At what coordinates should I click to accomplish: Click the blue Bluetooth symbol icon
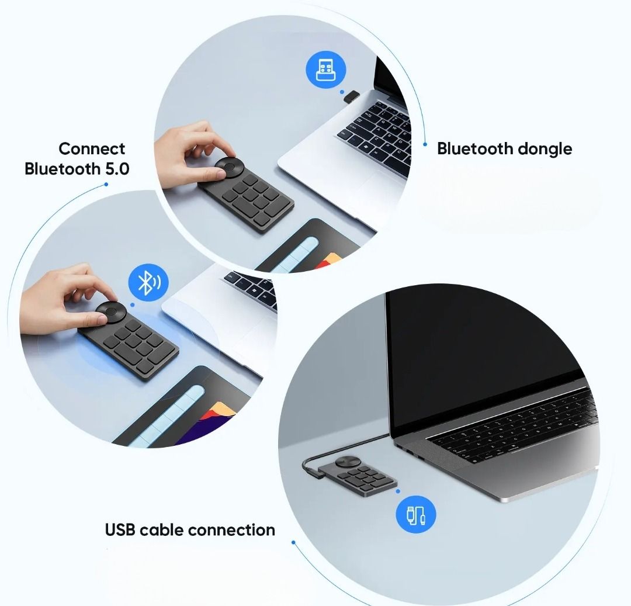[x=148, y=283]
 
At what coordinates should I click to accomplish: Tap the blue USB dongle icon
[x=326, y=71]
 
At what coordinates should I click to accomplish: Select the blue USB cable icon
[x=416, y=515]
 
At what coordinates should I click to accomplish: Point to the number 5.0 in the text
[x=117, y=169]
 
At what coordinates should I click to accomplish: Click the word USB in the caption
[x=120, y=530]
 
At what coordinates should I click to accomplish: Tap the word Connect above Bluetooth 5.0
[x=92, y=148]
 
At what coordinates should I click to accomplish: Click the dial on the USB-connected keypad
[x=345, y=461]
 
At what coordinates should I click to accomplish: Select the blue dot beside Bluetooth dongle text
[x=425, y=144]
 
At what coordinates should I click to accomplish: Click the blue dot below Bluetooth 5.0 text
[x=106, y=185]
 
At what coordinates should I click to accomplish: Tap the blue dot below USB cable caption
[x=293, y=542]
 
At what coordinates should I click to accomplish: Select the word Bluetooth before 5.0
[x=63, y=169]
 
